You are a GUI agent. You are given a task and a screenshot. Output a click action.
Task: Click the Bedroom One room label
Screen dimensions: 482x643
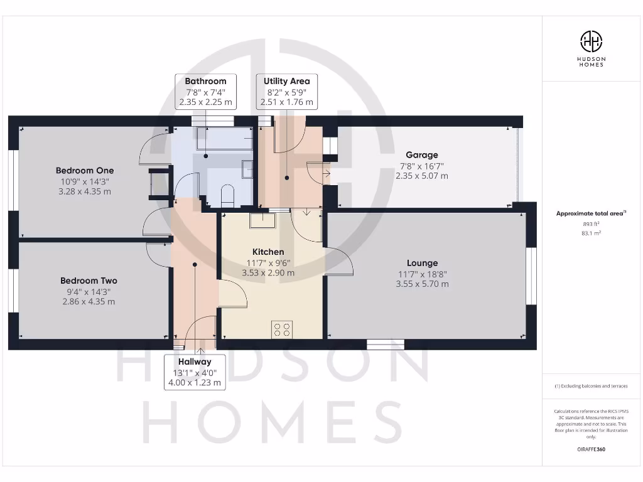[x=85, y=171]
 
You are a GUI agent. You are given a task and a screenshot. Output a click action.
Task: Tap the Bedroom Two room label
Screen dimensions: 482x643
[x=89, y=281]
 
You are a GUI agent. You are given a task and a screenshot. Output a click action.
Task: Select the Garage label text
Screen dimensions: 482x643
[x=421, y=155]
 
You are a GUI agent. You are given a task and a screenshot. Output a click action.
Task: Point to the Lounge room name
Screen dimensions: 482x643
[x=421, y=263]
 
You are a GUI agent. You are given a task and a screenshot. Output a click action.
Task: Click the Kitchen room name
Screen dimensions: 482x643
[x=268, y=252]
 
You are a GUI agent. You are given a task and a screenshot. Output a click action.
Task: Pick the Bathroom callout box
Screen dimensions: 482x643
[x=205, y=92]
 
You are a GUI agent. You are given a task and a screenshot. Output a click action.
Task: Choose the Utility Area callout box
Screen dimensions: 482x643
[x=287, y=92]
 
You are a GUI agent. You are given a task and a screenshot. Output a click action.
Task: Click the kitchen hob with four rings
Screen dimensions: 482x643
[x=282, y=329]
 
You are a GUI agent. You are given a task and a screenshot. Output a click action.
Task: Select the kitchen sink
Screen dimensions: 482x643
[x=259, y=221]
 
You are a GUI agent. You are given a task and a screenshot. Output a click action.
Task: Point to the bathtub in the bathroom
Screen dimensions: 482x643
[x=224, y=139]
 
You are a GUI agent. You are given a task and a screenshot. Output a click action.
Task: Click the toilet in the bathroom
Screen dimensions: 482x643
[x=227, y=195]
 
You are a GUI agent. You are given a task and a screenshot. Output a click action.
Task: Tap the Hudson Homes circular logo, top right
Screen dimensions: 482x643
[x=591, y=42]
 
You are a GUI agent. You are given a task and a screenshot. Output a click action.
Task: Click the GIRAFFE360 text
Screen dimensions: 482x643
[x=591, y=449]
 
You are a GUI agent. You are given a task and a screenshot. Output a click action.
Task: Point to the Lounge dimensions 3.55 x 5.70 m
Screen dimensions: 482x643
[x=422, y=284]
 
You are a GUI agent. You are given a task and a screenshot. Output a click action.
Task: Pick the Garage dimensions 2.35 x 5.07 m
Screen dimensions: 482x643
[x=421, y=176]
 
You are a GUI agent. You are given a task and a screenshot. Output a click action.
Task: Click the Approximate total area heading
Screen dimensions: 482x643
[x=590, y=213]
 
